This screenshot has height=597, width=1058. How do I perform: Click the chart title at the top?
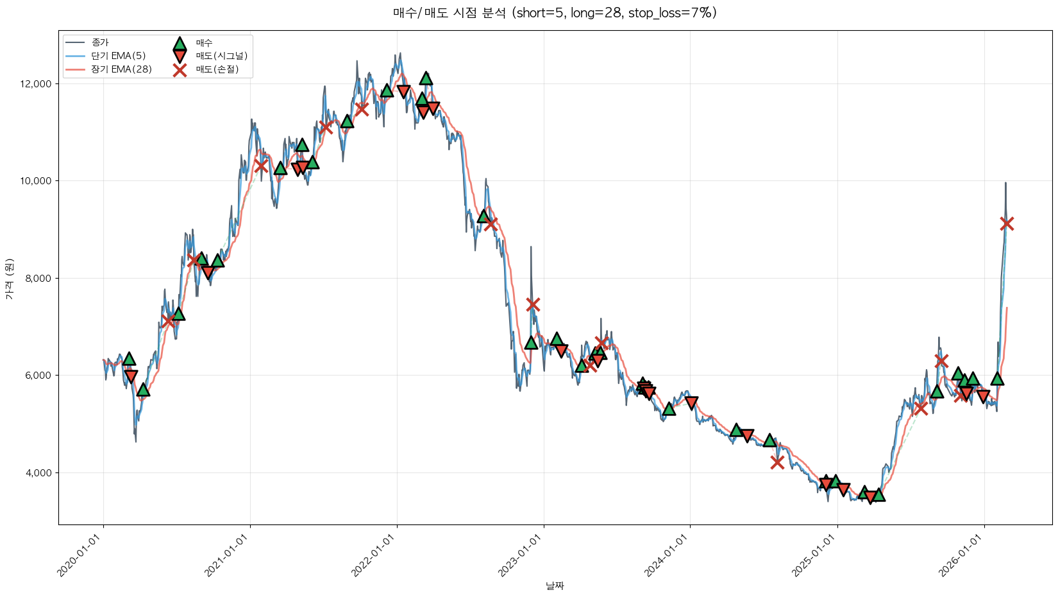pyautogui.click(x=555, y=13)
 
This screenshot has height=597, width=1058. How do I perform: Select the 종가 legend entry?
pyautogui.click(x=99, y=42)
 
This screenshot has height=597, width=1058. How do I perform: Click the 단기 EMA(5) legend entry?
pyautogui.click(x=118, y=56)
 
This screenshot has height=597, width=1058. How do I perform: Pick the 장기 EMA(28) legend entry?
pyautogui.click(x=121, y=69)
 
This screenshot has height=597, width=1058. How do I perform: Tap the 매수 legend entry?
pyautogui.click(x=204, y=42)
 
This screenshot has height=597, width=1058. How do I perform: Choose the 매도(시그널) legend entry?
pyautogui.click(x=221, y=56)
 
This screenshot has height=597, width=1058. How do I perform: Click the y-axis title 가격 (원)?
pyautogui.click(x=10, y=279)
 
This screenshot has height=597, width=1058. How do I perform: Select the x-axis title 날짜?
pyautogui.click(x=555, y=585)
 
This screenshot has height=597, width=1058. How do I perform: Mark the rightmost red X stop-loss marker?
pyautogui.click(x=1007, y=223)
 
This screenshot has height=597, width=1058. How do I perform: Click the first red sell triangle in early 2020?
pyautogui.click(x=131, y=376)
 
